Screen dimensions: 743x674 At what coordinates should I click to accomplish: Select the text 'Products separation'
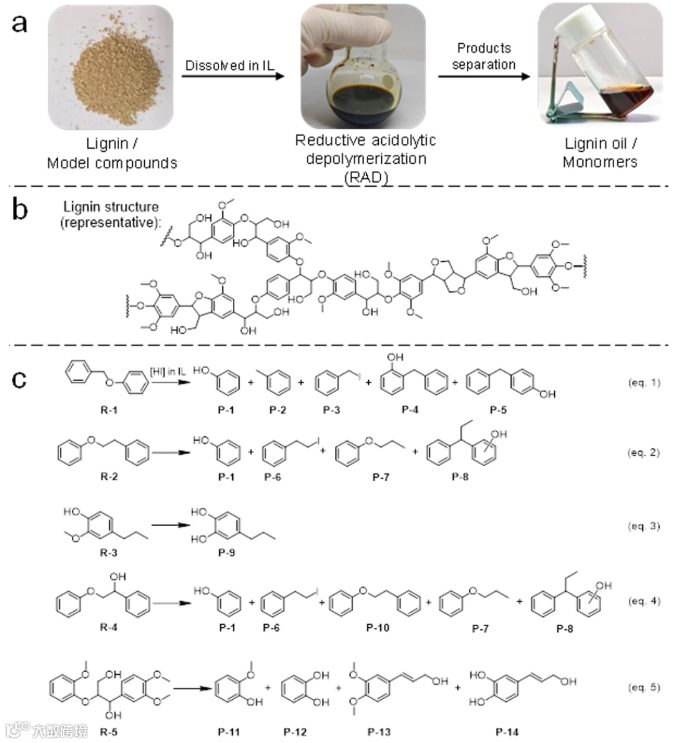(484, 56)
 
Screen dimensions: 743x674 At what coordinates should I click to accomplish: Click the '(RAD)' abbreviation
(366, 177)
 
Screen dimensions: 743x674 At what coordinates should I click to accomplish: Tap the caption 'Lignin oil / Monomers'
(600, 153)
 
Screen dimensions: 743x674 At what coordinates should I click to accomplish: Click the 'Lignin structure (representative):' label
(110, 214)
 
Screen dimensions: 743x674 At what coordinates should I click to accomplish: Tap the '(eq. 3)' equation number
(643, 526)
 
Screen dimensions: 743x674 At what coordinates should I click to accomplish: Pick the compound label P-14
(507, 732)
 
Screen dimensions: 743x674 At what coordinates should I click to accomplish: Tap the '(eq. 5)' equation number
(643, 687)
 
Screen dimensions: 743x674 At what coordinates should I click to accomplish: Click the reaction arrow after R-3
(170, 525)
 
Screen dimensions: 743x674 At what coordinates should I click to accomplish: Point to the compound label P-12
(295, 732)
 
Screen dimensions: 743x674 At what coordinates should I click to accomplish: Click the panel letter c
(19, 379)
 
